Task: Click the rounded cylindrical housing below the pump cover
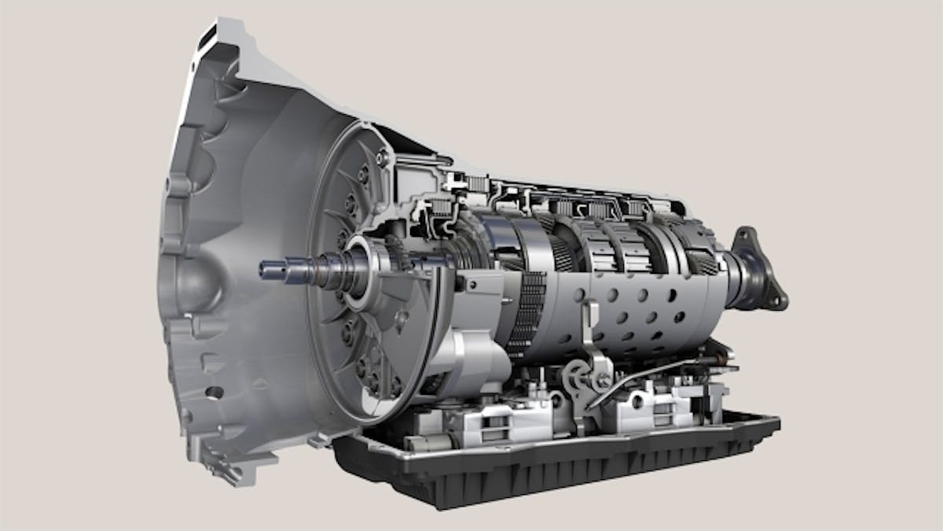tap(472, 362)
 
